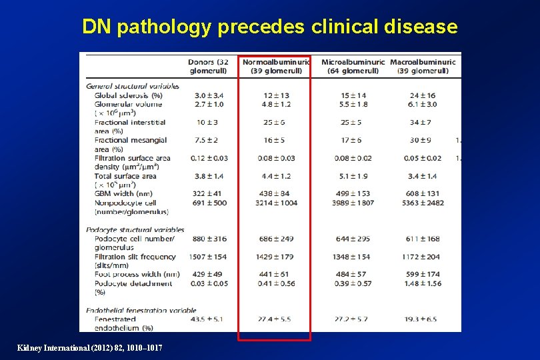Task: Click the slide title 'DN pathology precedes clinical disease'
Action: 269,27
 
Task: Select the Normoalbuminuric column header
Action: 276,66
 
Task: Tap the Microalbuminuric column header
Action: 353,66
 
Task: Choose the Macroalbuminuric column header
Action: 423,66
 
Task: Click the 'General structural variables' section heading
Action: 133,87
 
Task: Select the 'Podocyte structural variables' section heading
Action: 135,230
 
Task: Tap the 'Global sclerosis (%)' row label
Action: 128,95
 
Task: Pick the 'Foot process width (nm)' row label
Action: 137,274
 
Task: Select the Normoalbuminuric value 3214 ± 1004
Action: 276,203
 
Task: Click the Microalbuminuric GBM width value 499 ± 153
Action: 353,194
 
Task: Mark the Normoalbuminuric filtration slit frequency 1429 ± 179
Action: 276,257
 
